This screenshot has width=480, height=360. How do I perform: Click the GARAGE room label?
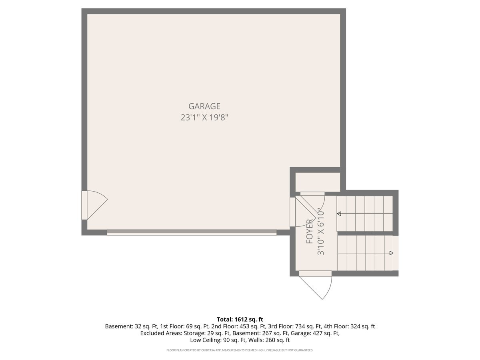pos(204,106)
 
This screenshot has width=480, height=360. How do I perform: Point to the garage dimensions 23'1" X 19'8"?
pos(204,118)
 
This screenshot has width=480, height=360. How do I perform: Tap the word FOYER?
pos(310,231)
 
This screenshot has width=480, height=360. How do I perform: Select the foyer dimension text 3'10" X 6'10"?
pos(320,232)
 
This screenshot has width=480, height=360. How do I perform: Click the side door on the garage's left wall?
pos(94,205)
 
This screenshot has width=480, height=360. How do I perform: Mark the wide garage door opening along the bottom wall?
pos(192,232)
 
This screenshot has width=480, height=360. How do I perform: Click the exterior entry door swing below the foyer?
pos(315,285)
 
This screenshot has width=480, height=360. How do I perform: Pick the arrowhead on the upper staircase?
pos(339,214)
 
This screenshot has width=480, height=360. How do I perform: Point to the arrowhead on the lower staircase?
pos(391,253)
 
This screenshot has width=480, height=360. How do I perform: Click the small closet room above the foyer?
pos(318,182)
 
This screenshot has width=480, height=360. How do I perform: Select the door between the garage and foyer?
pos(303,212)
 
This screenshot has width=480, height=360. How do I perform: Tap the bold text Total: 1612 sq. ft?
pos(240,319)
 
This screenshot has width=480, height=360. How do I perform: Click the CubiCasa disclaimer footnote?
pos(240,350)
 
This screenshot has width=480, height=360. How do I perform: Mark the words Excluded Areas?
pos(161,333)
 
